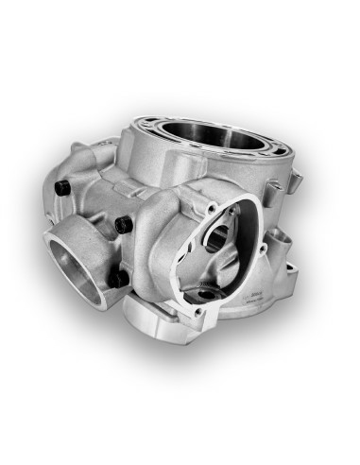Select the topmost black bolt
click(x=61, y=188)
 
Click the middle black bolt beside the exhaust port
click(x=123, y=225)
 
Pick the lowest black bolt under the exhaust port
click(x=117, y=279)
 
